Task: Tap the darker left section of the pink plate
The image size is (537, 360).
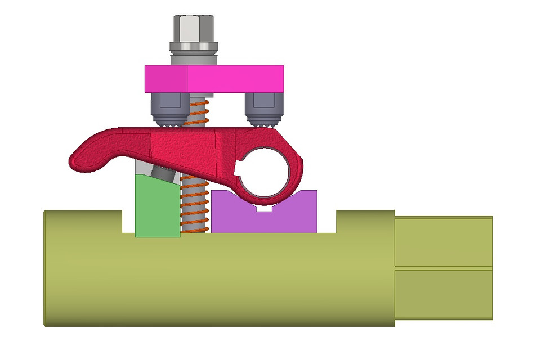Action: click(x=165, y=79)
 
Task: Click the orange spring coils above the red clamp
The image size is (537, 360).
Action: click(x=196, y=112)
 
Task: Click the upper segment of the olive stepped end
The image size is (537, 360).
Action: click(x=443, y=242)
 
